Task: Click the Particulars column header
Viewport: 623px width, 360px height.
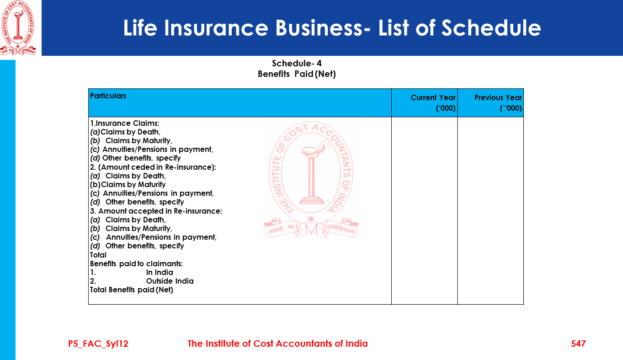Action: click(x=108, y=96)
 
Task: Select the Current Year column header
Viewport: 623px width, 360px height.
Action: click(x=433, y=98)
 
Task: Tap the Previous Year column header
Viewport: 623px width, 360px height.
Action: click(x=498, y=98)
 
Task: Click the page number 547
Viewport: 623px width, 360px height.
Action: click(x=578, y=344)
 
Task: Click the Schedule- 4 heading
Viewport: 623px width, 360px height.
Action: click(x=297, y=64)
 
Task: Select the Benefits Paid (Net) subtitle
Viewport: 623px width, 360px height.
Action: click(x=297, y=74)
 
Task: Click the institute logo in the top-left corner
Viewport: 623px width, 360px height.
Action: click(x=18, y=28)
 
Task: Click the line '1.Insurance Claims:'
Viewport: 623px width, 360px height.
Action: click(x=124, y=124)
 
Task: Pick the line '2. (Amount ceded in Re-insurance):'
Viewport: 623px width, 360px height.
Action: click(x=153, y=167)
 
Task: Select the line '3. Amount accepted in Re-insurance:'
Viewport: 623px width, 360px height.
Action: click(x=156, y=211)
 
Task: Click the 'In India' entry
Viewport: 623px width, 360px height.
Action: click(x=160, y=273)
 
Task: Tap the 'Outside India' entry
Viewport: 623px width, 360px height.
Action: click(x=170, y=281)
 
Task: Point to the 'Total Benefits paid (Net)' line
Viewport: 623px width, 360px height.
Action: click(x=132, y=290)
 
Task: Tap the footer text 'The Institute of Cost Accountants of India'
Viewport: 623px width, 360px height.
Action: click(x=277, y=344)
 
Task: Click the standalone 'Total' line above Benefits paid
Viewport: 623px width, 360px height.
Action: click(x=98, y=255)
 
